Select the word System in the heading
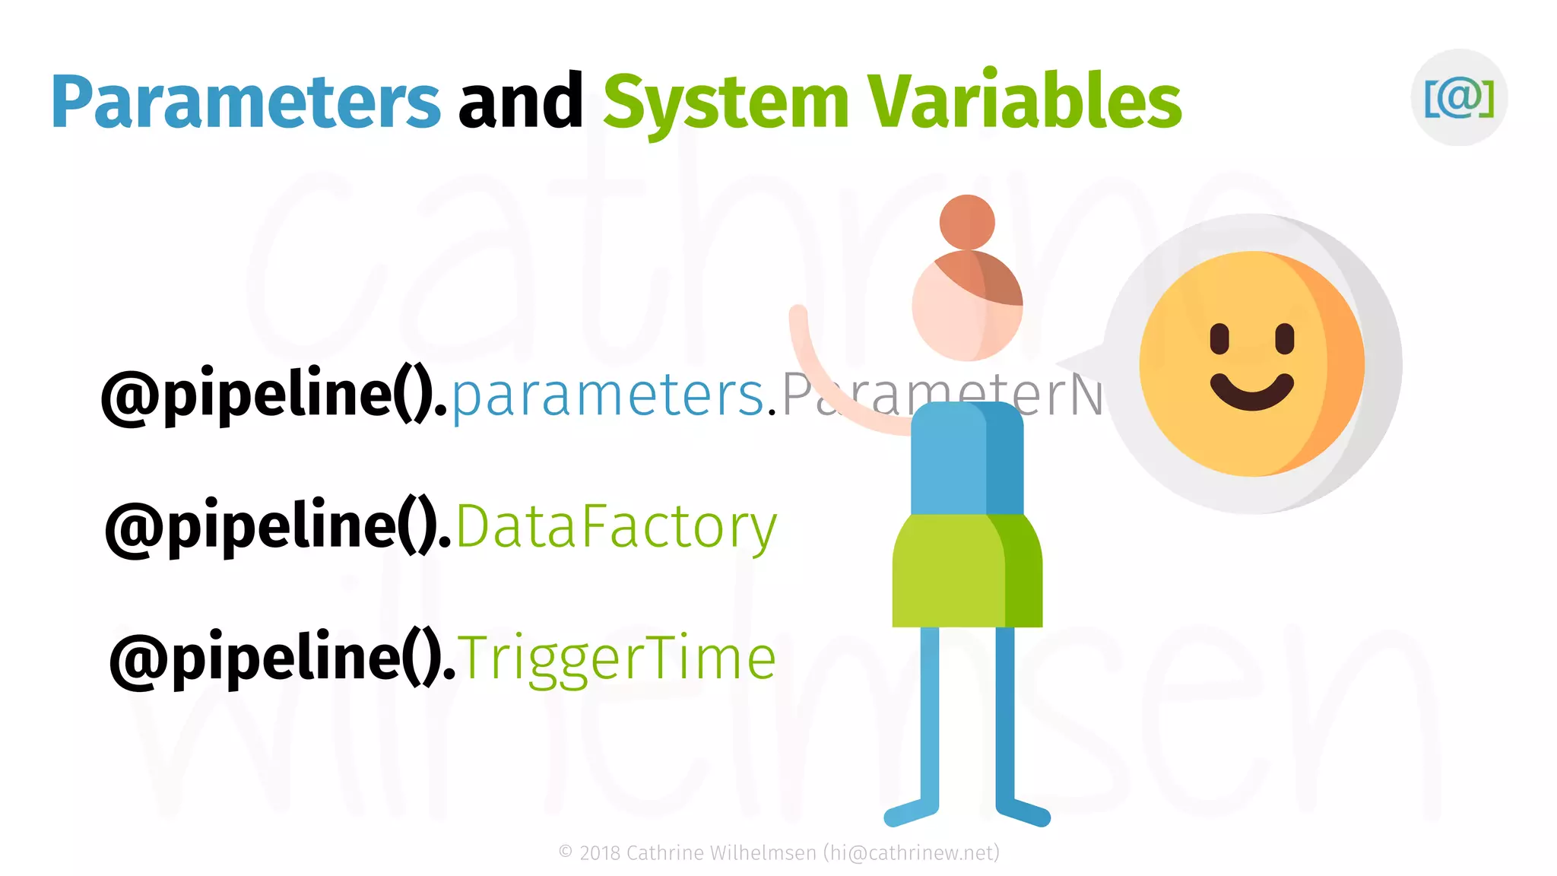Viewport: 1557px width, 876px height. pos(725,103)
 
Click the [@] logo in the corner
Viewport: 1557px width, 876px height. pos(1459,97)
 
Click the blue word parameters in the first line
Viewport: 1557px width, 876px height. pos(608,395)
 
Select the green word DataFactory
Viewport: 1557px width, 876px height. pos(617,527)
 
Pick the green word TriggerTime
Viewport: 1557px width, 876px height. pos(617,659)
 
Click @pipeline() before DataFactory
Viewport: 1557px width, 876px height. pos(277,527)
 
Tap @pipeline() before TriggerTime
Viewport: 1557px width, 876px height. pos(281,659)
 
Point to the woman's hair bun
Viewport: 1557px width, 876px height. pos(967,222)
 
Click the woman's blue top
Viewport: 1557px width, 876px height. pos(966,460)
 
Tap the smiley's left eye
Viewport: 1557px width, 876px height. pos(1219,338)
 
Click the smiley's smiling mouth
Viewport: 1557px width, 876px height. pos(1251,392)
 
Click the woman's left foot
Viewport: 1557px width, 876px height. pos(909,814)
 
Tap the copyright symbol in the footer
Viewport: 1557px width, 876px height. pos(566,852)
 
